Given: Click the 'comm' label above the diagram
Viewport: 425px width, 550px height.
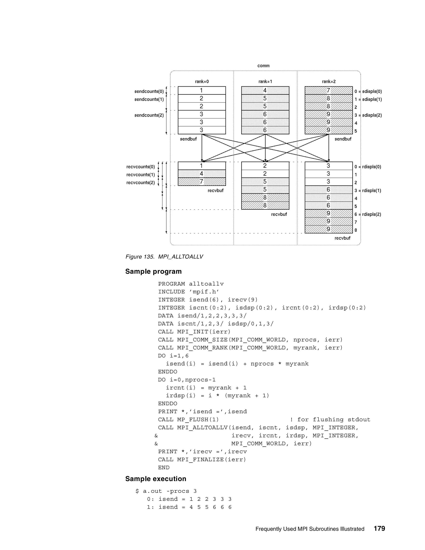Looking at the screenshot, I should coord(263,66).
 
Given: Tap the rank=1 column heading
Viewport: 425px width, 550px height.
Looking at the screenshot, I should coord(265,82).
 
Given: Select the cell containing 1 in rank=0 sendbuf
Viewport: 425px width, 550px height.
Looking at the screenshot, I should coord(202,90).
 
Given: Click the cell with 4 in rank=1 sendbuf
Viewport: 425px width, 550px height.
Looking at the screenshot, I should coord(265,90).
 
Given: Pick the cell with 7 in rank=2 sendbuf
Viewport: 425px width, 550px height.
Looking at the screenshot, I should coord(329,90).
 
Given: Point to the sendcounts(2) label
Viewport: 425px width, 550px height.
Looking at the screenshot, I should coord(149,115).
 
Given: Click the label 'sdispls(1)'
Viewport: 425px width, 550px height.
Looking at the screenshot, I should coord(372,99).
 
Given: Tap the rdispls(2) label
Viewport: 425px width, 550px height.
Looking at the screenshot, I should coord(371,215).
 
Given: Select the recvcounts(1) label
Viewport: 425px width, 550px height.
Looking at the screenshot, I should coord(140,175).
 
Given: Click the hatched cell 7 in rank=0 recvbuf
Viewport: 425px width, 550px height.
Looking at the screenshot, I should coord(202,182).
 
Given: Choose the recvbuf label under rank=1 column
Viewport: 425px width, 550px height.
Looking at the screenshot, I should coord(279,215).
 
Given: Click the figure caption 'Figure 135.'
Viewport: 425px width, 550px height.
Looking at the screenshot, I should coord(140,257).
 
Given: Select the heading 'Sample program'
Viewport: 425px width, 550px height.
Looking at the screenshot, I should coord(153,271).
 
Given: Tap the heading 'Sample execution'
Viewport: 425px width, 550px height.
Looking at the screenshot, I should coord(156,479).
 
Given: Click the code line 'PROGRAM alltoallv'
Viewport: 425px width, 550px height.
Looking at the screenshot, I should coord(191,284).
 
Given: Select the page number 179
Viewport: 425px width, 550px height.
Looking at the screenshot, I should coord(379,528).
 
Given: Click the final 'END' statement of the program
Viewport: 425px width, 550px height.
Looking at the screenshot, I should coord(164,468).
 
